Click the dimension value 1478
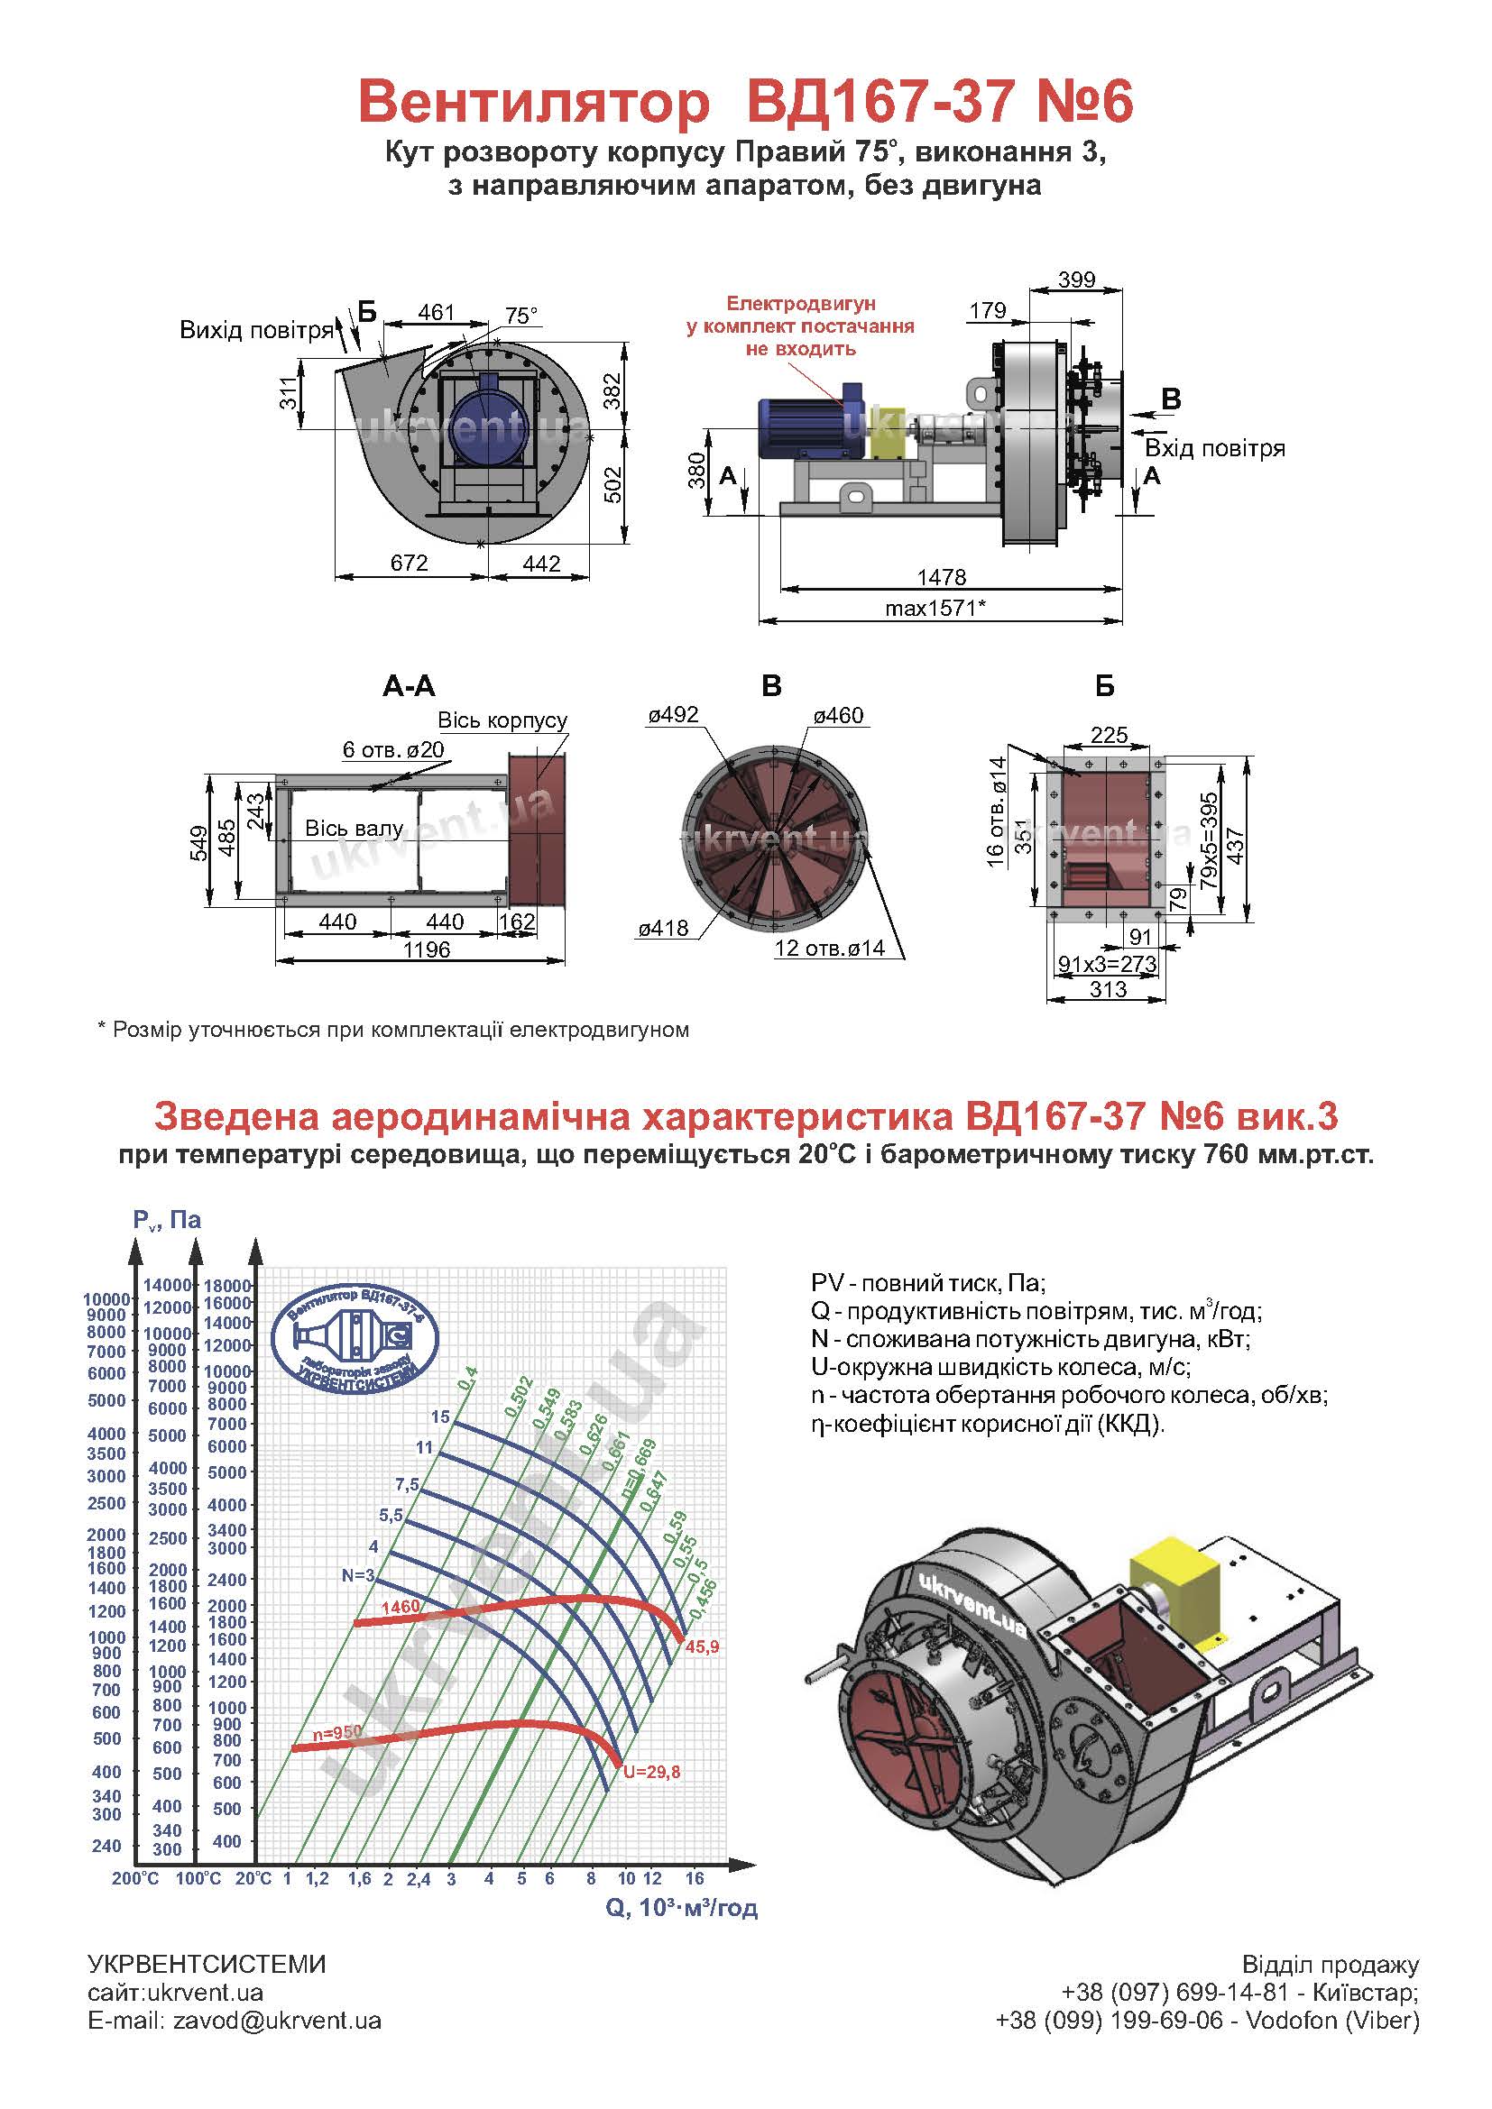pyautogui.click(x=942, y=577)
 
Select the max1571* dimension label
pyautogui.click(x=935, y=607)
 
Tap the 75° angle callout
pyautogui.click(x=520, y=316)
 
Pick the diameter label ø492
pyautogui.click(x=673, y=715)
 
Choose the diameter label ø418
pyautogui.click(x=663, y=929)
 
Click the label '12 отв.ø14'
pyautogui.click(x=830, y=948)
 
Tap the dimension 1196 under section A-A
pyautogui.click(x=427, y=949)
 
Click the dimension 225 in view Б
pyautogui.click(x=1109, y=734)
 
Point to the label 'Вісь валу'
pyautogui.click(x=354, y=828)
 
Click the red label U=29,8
pyautogui.click(x=651, y=1773)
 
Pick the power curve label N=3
pyautogui.click(x=358, y=1575)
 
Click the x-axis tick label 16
pyautogui.click(x=695, y=1878)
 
